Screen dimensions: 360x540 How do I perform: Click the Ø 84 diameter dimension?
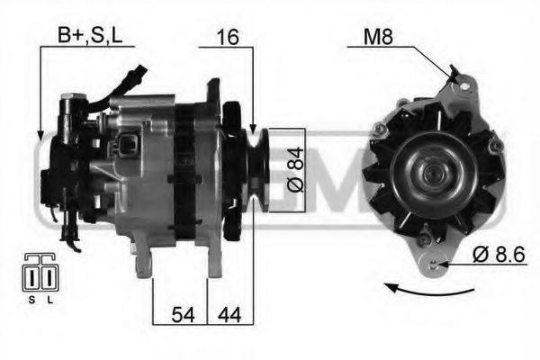tap(287, 168)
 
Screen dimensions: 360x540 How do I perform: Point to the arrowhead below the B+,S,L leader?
tap(40, 137)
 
